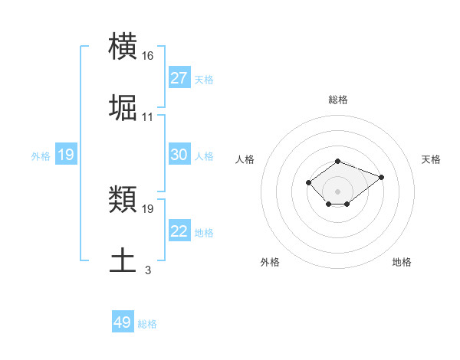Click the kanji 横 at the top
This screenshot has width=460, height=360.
123,47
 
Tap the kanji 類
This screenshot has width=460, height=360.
123,200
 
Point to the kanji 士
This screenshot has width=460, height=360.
123,260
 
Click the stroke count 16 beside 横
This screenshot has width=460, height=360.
148,56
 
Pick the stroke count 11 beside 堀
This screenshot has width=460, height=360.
148,117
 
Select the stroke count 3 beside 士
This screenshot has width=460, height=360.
148,270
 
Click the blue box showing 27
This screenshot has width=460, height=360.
179,78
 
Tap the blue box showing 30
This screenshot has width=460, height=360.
179,155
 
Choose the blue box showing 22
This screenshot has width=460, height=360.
179,231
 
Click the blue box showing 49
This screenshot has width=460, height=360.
123,322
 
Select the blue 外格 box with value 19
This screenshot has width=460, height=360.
65,155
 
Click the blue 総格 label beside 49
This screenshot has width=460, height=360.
147,324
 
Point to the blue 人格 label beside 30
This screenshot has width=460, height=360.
204,156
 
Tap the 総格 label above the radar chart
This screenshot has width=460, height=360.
337,100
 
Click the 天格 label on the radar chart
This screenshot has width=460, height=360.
432,159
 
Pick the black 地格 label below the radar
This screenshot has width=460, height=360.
402,263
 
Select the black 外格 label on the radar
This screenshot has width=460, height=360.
270,263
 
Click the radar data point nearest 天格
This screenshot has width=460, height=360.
381,177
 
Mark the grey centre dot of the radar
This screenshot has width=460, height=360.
337,191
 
